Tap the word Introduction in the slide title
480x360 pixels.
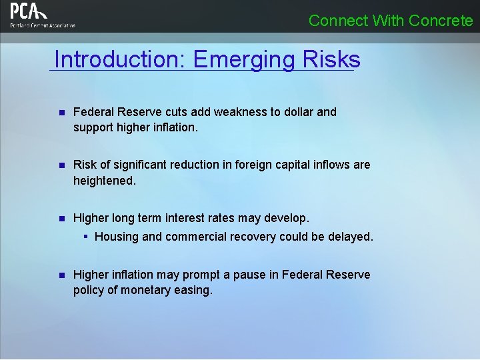point(119,59)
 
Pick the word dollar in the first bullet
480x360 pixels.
point(297,112)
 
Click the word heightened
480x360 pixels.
point(104,181)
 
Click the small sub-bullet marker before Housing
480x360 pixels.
point(86,237)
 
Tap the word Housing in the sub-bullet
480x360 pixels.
point(117,237)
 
